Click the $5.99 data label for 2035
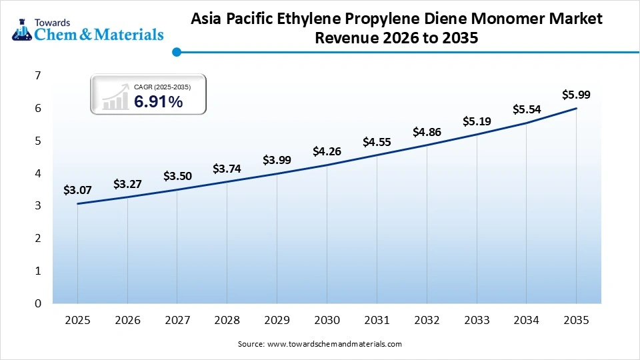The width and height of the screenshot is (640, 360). tap(576, 95)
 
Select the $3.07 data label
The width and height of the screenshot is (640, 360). tap(77, 190)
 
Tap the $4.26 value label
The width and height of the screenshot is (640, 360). tap(327, 151)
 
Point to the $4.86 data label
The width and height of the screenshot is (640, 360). tap(427, 132)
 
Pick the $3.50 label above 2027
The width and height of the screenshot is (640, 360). tap(177, 176)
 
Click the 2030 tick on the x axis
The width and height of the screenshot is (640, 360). tap(327, 321)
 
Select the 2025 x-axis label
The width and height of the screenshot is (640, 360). tap(77, 321)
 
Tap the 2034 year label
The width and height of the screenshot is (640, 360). tap(526, 321)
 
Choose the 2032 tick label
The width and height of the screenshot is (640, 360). tap(427, 321)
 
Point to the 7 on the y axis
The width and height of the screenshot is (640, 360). tap(38, 76)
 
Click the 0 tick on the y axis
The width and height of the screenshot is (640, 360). tap(38, 303)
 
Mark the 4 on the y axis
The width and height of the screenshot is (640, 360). tap(38, 173)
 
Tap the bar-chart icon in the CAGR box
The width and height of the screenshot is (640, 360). tap(115, 97)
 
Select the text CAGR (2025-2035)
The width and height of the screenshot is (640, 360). tap(162, 87)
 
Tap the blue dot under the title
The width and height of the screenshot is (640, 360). tap(176, 52)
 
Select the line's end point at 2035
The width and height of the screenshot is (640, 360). tap(576, 109)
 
